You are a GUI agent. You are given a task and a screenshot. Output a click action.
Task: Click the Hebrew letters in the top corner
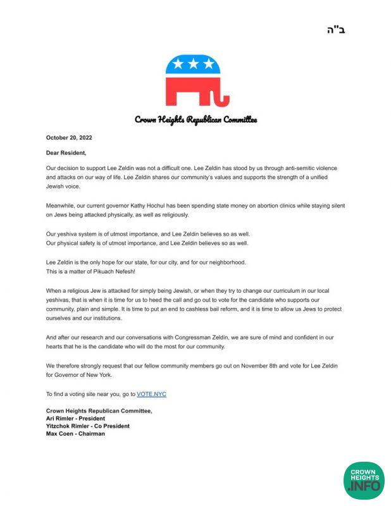click(x=338, y=30)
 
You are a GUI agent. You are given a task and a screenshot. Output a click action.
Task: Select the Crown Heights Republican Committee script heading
click(x=195, y=120)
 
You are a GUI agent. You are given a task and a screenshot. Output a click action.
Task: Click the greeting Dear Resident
click(x=66, y=152)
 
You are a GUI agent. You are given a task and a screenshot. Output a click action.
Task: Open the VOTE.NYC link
click(x=151, y=394)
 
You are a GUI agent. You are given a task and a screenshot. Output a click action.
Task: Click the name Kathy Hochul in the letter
click(x=166, y=206)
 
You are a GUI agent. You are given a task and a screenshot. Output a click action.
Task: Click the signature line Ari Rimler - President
click(x=75, y=419)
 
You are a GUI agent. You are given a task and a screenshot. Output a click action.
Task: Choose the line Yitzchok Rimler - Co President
click(x=87, y=426)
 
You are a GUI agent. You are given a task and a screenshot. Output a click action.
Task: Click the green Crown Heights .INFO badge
click(x=363, y=479)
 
